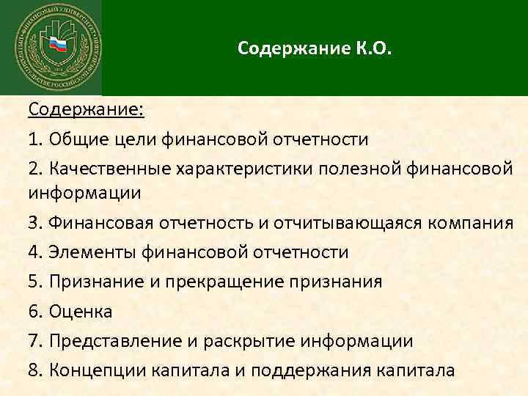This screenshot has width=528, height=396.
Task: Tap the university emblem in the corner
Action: (51, 47)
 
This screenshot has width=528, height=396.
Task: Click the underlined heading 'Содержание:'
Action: (87, 110)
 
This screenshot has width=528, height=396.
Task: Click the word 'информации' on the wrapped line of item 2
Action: (84, 194)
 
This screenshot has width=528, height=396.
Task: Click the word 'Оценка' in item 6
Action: (81, 312)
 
